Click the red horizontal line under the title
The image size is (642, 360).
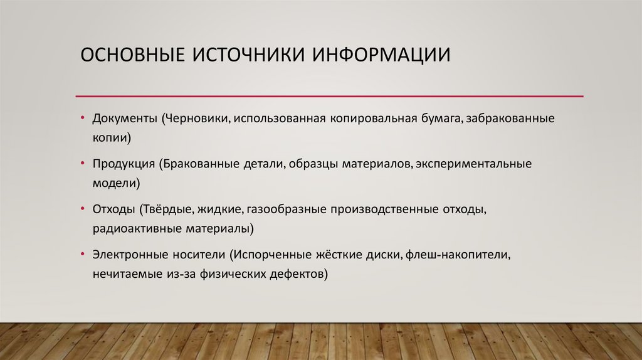[329, 96]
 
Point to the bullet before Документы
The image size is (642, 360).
[83, 119]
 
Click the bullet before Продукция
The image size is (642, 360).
[83, 164]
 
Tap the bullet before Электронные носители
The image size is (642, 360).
[83, 255]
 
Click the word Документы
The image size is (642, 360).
[124, 119]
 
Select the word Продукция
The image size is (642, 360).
[124, 164]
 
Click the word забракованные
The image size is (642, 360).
[506, 119]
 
